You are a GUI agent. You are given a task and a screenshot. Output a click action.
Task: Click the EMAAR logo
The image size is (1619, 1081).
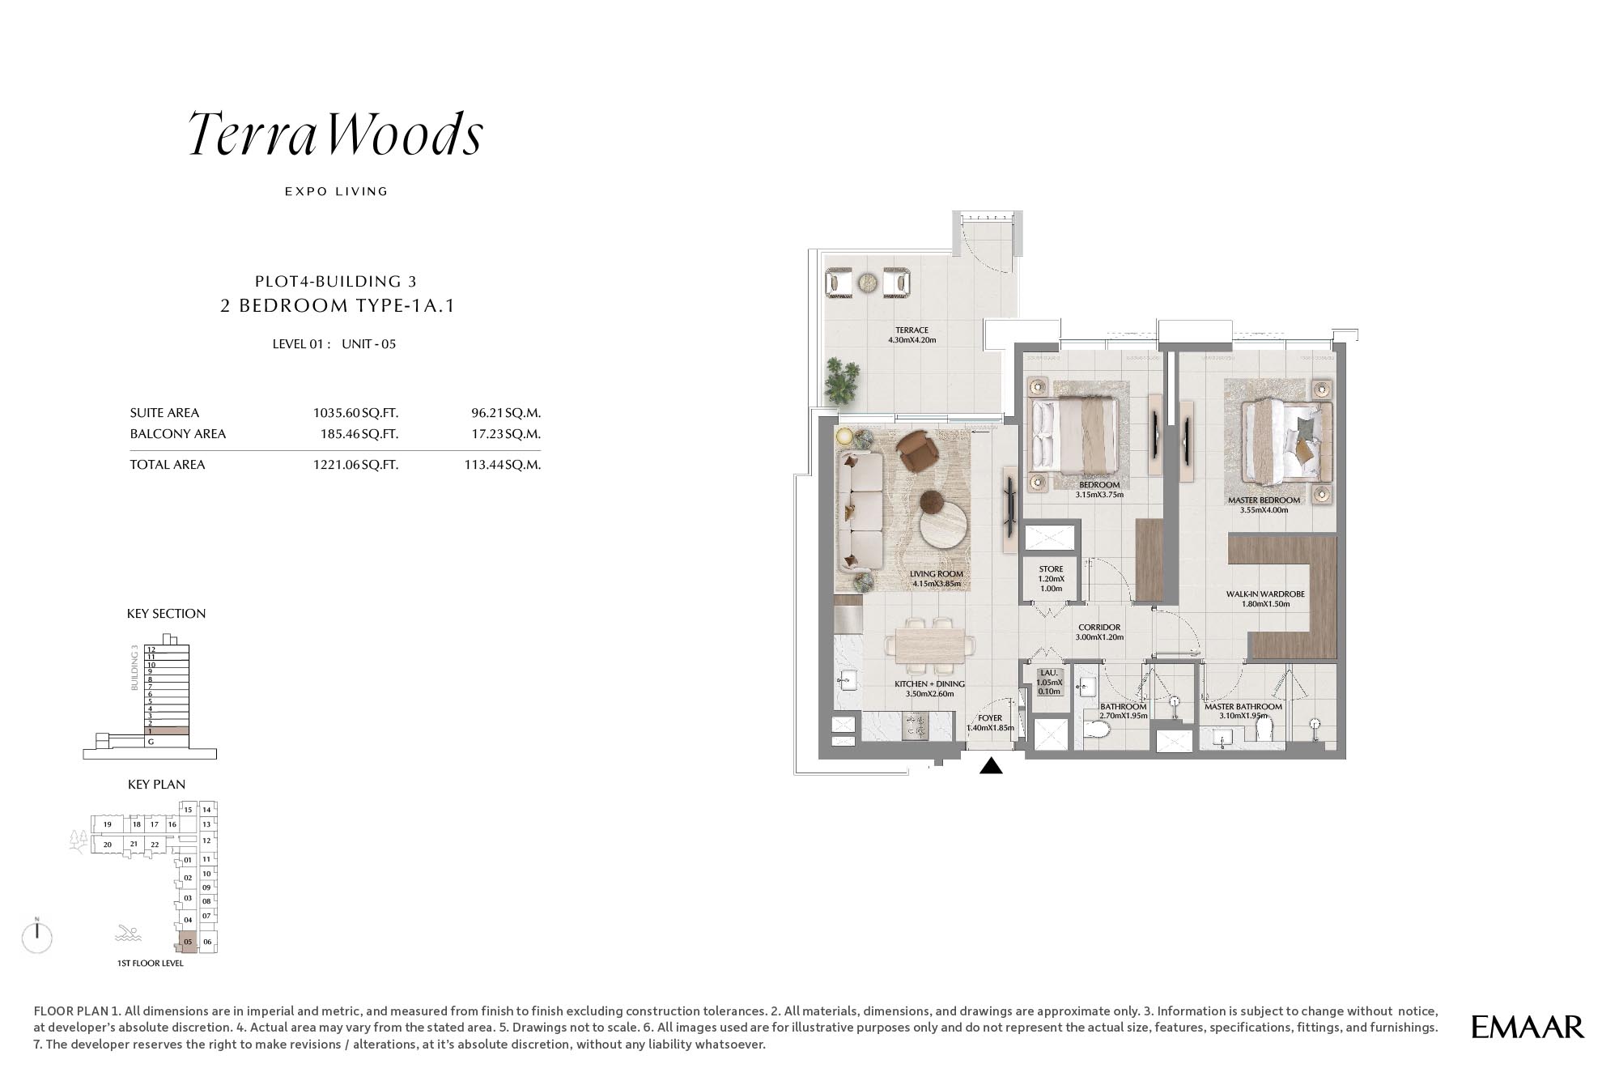[x=1528, y=1027]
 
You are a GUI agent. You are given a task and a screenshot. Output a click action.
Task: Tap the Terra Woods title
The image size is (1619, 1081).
[x=336, y=134]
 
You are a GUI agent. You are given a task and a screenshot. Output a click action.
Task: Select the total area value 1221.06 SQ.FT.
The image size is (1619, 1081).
[x=355, y=465]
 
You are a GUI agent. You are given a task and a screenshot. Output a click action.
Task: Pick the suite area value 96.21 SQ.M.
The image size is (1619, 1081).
[x=506, y=413]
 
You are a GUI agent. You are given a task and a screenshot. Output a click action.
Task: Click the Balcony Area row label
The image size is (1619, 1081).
[x=178, y=434]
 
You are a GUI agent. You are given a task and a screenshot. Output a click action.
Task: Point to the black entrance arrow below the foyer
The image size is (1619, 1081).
[x=991, y=765]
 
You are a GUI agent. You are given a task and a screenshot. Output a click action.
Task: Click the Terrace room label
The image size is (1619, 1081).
[x=911, y=334]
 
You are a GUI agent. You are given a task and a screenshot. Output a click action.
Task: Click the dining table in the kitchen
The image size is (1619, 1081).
[x=929, y=646]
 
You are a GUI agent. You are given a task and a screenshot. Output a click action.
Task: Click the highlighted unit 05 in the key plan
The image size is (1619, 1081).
[x=188, y=942]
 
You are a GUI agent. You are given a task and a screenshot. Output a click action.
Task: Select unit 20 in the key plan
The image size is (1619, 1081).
[x=107, y=845]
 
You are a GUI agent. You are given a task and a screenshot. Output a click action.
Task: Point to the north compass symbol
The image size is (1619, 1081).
[x=37, y=936]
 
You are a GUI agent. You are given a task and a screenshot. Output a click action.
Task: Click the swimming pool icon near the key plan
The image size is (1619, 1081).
[x=128, y=933]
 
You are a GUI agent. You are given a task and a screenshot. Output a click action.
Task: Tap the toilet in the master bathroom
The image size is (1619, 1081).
[x=1264, y=729]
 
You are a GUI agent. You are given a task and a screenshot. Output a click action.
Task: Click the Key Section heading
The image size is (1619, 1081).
[x=166, y=614]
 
